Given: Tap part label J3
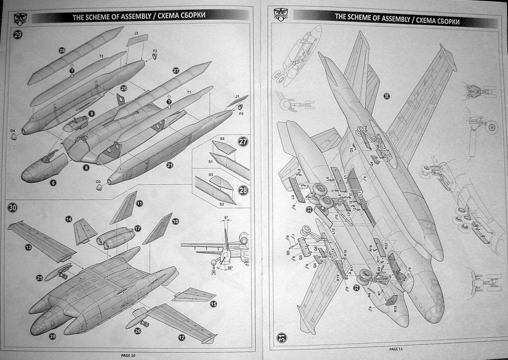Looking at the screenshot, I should (136, 33).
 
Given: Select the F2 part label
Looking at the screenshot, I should (155, 51).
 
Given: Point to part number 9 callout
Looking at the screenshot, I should (91, 114).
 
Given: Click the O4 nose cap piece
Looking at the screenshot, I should (14, 137).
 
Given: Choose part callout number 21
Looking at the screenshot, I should (169, 165).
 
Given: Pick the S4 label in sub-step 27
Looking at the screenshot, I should (222, 138).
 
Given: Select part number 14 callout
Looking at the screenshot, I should (68, 219).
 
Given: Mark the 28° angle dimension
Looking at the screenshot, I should (229, 268).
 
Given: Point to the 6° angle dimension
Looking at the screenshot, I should (226, 217).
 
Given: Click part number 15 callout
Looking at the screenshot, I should (213, 304).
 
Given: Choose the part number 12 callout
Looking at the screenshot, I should (182, 337).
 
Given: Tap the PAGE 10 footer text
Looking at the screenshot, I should (128, 355).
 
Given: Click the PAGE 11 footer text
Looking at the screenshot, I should (396, 349).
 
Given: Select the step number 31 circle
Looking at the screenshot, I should (281, 337).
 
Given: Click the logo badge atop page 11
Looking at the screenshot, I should (280, 14).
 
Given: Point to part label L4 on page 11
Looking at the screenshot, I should (293, 197).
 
